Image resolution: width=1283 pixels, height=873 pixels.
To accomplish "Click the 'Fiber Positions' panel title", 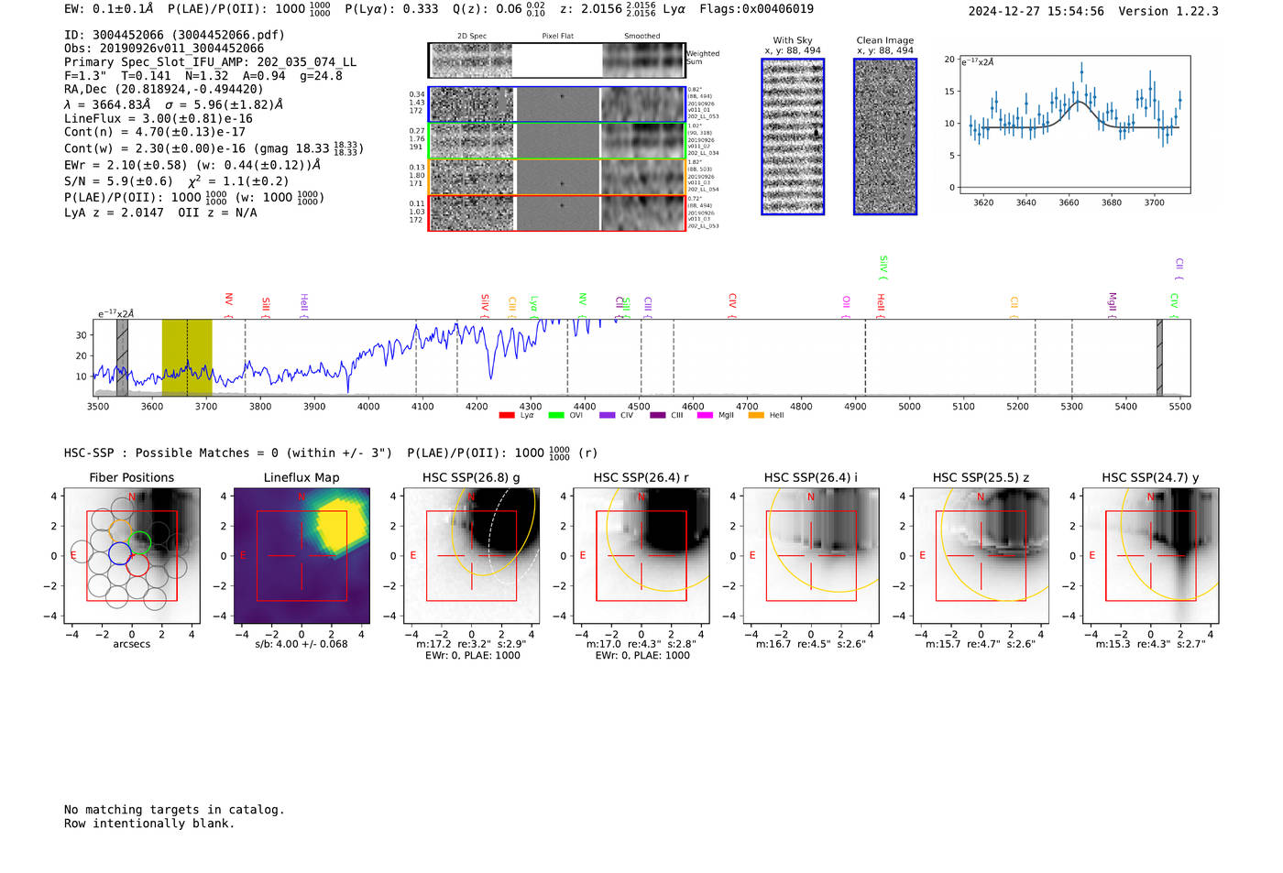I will [131, 477].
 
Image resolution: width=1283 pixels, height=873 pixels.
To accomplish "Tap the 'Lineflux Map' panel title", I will [302, 477].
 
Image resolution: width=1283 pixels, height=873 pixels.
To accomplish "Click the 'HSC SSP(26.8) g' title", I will [471, 477].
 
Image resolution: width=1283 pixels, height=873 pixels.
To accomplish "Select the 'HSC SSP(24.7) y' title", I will [1150, 477].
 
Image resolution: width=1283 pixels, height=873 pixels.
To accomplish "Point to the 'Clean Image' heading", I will [884, 40].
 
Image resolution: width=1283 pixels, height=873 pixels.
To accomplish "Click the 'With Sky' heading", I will [793, 40].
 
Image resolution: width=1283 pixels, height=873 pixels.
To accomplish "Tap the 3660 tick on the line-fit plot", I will [1069, 202].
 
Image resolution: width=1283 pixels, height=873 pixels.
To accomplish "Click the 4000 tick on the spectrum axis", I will [368, 406].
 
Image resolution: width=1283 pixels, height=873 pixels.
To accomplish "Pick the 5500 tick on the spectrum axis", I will [1179, 406].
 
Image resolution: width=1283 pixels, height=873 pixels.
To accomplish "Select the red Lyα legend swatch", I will [506, 416].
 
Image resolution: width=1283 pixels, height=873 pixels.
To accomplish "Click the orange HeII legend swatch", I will [756, 416].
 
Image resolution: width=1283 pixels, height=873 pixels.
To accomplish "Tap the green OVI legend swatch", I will [555, 416].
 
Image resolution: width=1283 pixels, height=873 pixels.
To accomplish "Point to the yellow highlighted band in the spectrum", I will [187, 357].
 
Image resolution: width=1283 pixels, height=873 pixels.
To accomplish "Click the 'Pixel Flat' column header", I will [557, 37].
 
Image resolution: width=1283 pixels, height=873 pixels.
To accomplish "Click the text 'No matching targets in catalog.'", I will [174, 810].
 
